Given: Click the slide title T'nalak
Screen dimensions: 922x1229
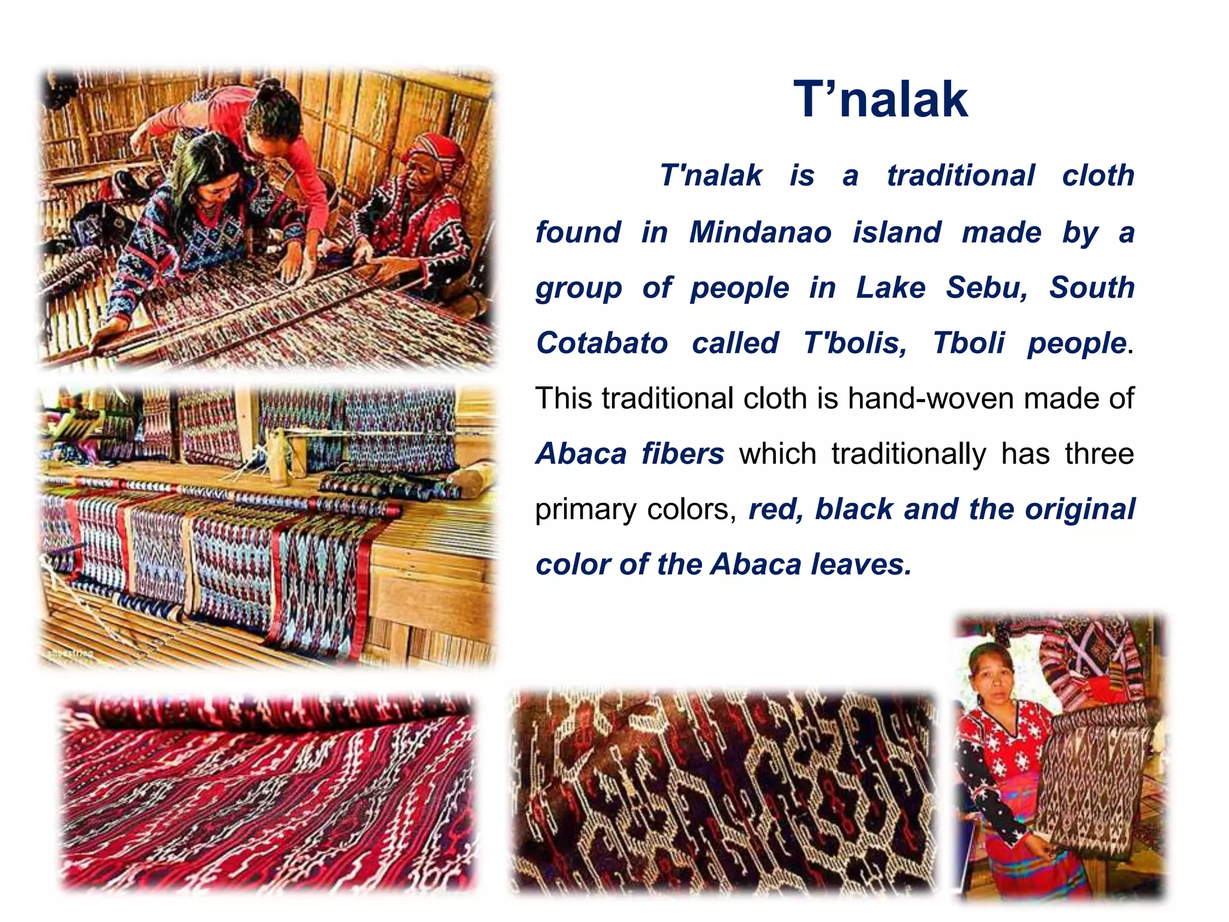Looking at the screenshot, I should click(x=880, y=100).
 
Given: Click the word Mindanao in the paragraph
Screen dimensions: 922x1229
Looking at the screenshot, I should click(x=760, y=232).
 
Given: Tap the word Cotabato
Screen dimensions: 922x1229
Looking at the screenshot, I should click(x=602, y=343).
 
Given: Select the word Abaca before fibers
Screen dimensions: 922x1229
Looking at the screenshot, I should click(x=581, y=454).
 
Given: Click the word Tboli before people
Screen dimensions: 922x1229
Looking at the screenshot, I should click(x=969, y=343).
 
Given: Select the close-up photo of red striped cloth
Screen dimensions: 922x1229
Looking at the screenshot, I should click(x=267, y=792).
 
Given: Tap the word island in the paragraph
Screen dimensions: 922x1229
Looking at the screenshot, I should click(x=897, y=232).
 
